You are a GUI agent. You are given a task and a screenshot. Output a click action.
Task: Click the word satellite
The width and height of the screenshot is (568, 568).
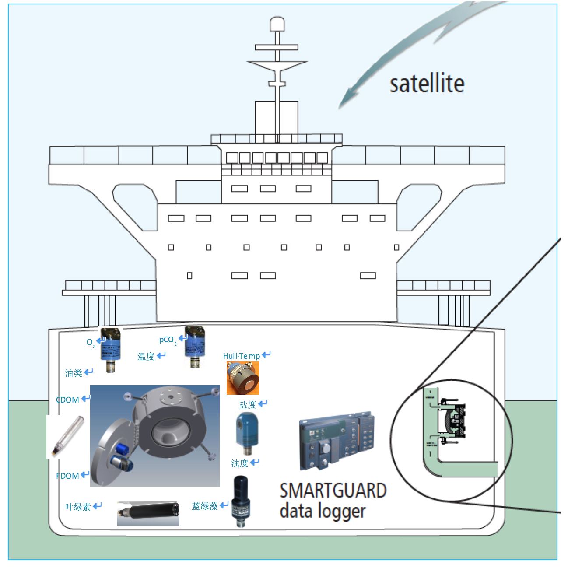(x=427, y=84)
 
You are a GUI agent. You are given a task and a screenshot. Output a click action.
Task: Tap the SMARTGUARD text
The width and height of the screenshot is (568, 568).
(x=333, y=491)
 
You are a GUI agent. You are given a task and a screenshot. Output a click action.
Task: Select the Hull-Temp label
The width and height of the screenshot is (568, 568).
(x=242, y=356)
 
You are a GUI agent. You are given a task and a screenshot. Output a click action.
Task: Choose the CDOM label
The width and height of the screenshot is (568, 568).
(x=68, y=400)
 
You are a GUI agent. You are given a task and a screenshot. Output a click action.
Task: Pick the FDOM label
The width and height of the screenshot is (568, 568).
(x=68, y=476)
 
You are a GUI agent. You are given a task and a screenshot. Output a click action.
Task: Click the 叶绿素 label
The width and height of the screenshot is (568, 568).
(x=78, y=507)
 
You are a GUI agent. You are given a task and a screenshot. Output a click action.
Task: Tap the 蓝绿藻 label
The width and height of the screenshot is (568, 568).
(x=205, y=506)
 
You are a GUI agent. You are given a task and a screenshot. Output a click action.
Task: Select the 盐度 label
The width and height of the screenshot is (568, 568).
(x=248, y=405)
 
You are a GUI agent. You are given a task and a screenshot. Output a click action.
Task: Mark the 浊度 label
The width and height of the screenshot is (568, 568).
(x=240, y=463)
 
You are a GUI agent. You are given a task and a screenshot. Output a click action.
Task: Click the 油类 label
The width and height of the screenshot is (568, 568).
(x=74, y=373)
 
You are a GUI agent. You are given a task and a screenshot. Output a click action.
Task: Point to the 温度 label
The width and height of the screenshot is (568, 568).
(x=146, y=357)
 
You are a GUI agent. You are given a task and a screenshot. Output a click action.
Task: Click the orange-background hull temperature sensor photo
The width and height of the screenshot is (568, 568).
(x=242, y=378)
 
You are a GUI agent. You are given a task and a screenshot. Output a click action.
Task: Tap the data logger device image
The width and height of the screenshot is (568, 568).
(x=337, y=441)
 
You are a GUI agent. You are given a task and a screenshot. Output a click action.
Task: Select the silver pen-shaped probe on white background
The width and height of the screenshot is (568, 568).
(x=66, y=436)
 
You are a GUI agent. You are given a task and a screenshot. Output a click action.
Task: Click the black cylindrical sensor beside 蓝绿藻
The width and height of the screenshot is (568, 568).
(x=240, y=501)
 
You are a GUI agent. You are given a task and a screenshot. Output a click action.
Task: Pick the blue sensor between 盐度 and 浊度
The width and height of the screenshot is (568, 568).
(x=247, y=433)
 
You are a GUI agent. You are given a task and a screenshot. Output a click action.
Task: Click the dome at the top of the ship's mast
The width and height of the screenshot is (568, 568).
(x=277, y=24)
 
